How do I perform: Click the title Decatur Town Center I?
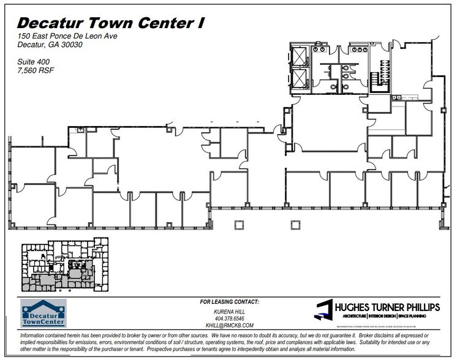110,23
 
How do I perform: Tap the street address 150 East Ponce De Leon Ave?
67,37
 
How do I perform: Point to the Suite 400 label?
34,62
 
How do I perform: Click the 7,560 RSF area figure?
36,70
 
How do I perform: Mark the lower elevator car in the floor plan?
300,78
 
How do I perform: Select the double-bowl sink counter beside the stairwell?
396,97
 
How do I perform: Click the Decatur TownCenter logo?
43,313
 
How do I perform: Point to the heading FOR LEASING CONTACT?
230,302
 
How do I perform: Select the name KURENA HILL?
230,311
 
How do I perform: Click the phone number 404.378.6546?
230,318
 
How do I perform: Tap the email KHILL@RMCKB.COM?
230,326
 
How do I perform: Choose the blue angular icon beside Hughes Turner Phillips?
323,310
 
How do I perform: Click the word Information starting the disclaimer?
34,337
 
